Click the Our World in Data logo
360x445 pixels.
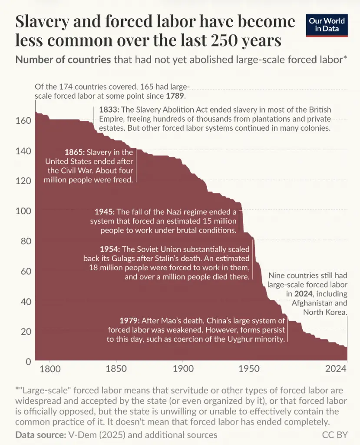click(x=327, y=25)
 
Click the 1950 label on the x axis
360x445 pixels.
click(x=249, y=369)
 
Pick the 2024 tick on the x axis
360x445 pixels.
click(x=336, y=369)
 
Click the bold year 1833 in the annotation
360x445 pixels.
click(x=109, y=109)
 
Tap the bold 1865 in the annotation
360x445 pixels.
click(x=74, y=152)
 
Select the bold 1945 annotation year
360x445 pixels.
click(x=104, y=212)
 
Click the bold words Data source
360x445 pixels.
click(x=40, y=435)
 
